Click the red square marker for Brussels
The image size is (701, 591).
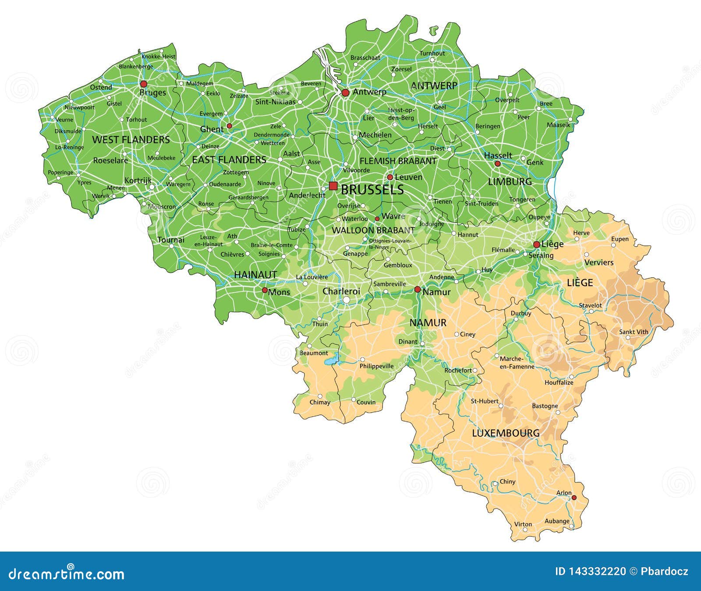(333, 186)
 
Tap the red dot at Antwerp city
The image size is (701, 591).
(345, 92)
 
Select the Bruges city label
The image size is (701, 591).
(152, 92)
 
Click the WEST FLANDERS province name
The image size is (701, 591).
(131, 140)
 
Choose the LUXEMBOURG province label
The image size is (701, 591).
(506, 433)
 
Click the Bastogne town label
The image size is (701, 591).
(545, 406)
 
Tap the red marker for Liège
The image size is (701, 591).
(536, 244)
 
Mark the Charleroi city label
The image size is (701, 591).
(341, 291)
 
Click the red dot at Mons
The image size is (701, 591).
(265, 290)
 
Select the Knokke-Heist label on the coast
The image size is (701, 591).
(158, 57)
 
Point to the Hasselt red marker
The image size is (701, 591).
(497, 163)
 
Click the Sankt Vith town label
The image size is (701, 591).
(633, 332)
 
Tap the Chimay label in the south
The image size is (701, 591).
(320, 402)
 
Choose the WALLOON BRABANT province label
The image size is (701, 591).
(373, 230)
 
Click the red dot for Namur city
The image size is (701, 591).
(418, 289)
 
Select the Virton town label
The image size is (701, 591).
(523, 524)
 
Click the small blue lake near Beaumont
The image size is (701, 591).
(331, 362)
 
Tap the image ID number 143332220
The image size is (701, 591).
(590, 571)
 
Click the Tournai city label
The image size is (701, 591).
(171, 240)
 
